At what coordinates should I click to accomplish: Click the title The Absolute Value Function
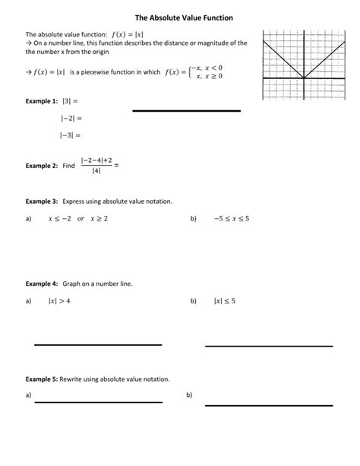point(179,16)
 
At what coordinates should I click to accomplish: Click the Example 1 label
point(42,101)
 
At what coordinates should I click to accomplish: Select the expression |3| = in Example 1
point(70,101)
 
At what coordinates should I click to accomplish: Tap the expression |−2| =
point(71,118)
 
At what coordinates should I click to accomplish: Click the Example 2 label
point(42,165)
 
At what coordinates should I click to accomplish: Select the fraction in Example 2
point(96,164)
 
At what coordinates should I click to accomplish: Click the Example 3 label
point(42,201)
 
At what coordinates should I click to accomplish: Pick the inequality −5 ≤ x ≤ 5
point(232,219)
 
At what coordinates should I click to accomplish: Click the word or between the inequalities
point(81,219)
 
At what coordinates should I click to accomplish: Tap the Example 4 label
point(42,283)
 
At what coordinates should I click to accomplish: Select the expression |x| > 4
point(59,301)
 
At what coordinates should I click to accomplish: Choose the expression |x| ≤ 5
point(225,301)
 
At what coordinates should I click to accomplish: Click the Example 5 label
point(42,379)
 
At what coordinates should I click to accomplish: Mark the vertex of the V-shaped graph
point(304,78)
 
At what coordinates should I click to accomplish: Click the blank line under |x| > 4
point(98,344)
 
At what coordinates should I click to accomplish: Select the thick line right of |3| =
point(186,111)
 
